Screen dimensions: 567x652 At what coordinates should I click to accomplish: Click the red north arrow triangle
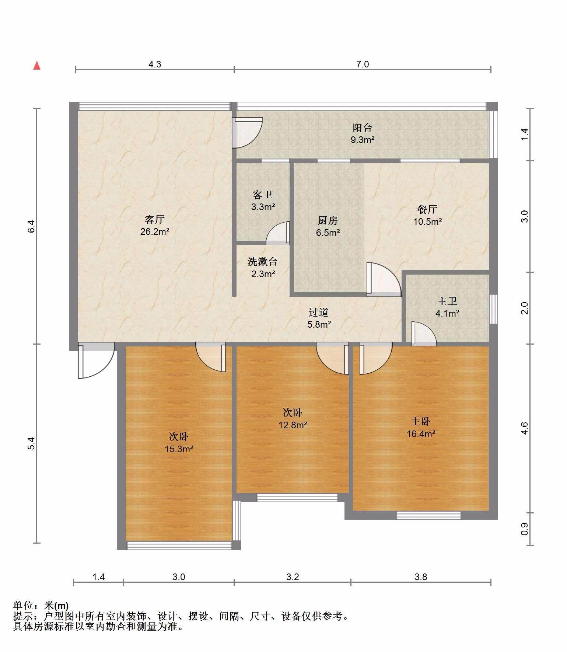coord(37,66)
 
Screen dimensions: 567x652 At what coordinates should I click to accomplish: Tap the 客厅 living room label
coord(155,220)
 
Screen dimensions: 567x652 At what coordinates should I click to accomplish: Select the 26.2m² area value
coord(155,232)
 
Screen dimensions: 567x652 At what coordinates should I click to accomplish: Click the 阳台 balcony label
coord(363,128)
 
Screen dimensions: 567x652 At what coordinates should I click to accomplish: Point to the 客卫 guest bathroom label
coord(263,195)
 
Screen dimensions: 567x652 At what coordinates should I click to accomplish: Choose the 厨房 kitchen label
coord(328,220)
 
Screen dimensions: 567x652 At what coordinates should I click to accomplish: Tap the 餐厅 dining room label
coord(427,209)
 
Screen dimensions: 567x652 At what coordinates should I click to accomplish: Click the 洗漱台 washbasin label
coord(262,262)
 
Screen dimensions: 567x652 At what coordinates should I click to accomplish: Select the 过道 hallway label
coord(319,313)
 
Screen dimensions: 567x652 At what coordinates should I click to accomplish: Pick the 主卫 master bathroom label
coord(447,301)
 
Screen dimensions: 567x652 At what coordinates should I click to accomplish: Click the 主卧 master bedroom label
coord(421,421)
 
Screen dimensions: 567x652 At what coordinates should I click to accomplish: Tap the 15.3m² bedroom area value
coord(179,449)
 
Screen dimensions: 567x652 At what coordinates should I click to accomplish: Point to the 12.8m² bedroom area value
coord(293,425)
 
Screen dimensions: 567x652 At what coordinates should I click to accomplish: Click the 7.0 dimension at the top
coord(363,64)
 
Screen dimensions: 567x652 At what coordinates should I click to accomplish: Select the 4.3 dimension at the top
coord(155,64)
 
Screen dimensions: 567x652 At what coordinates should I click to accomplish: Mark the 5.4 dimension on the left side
coord(32,443)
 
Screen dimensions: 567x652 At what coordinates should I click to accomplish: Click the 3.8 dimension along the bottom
coord(421,577)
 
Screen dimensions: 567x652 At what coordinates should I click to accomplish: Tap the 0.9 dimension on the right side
coord(525,529)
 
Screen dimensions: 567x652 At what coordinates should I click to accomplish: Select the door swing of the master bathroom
coord(424,334)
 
